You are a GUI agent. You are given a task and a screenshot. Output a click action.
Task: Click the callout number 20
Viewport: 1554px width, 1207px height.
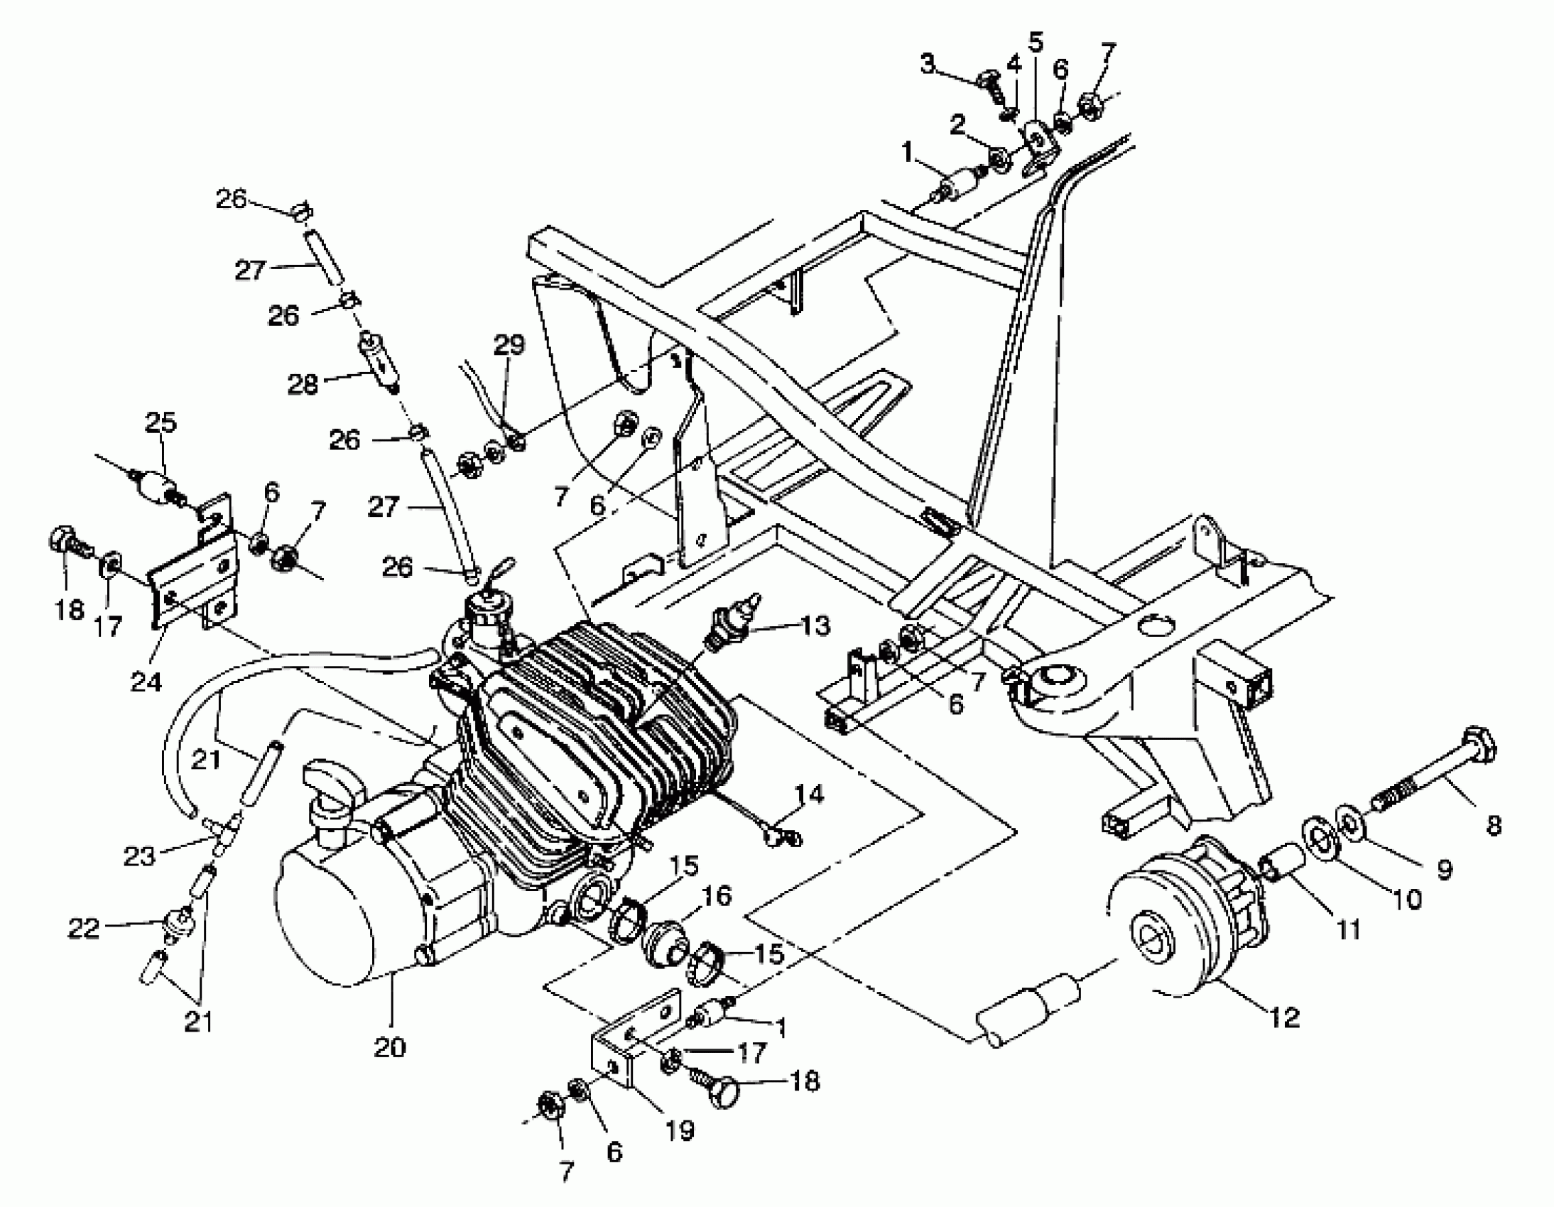pos(389,1048)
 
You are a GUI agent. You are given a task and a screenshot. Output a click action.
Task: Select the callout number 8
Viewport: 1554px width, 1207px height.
pos(1494,825)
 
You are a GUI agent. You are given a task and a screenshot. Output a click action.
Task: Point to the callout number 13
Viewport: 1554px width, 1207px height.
pos(815,626)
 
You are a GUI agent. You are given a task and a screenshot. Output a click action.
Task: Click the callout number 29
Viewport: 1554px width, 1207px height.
pos(509,345)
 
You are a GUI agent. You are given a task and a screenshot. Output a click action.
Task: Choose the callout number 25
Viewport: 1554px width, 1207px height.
pos(161,422)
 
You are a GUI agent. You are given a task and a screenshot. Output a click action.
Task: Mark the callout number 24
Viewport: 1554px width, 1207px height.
pos(146,682)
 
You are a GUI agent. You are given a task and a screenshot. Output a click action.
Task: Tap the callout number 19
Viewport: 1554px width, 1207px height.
pos(680,1130)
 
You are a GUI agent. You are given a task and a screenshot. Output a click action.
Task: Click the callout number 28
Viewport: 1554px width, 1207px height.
pos(303,385)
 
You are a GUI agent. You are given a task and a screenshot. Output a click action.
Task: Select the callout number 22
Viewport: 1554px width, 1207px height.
pos(83,929)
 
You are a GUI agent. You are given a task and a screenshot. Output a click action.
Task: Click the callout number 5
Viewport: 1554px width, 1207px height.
pos(1036,43)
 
